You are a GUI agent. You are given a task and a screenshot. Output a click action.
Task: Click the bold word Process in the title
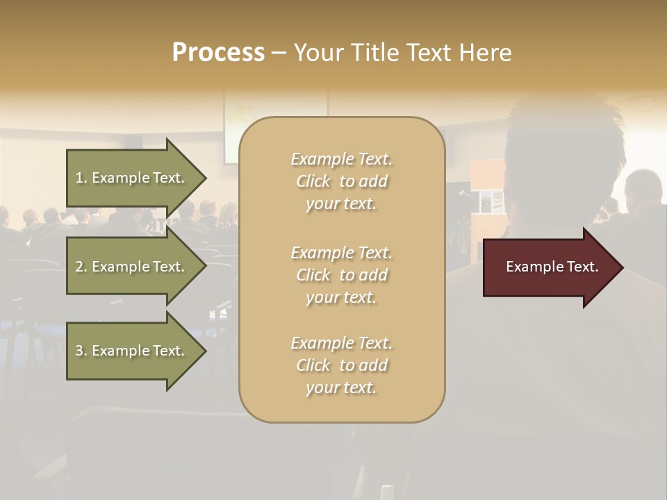[x=218, y=53]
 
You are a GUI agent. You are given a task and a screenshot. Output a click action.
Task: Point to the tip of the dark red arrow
[x=621, y=267]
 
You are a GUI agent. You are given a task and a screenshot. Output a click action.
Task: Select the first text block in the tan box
[x=341, y=181]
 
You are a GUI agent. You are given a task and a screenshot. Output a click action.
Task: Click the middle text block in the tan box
[x=341, y=275]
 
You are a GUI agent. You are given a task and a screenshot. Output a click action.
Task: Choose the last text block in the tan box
[x=341, y=365]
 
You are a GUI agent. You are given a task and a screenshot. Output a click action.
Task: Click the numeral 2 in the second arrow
[x=79, y=267]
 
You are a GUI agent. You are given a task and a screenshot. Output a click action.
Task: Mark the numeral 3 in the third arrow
[x=79, y=351]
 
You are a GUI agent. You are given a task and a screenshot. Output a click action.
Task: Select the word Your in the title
[x=317, y=53]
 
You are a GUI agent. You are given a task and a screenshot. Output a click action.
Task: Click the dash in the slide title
[x=279, y=53]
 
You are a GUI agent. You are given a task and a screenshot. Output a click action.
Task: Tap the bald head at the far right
[x=643, y=186]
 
